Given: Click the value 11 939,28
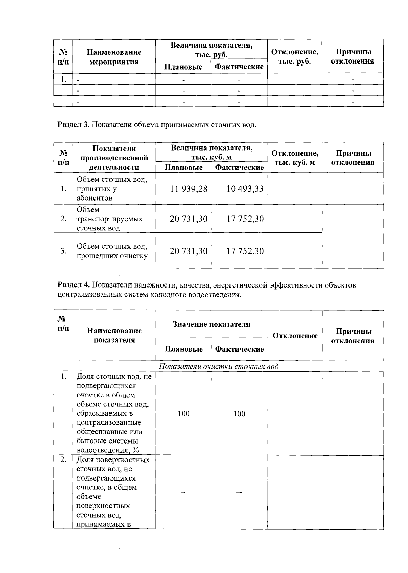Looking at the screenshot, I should pos(189,189).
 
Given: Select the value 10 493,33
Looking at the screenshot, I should pos(245,189).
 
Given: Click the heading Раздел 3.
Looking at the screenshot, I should pos(73,125).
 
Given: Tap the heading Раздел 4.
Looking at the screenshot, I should pos(73,285).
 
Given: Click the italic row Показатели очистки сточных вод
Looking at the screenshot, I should pos(219,367).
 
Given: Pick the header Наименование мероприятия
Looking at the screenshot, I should pos(114,57).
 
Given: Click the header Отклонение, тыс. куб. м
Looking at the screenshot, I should pos(295,158).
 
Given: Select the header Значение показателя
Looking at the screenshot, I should pos(211,324).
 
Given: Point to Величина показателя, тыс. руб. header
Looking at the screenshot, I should pos(211,50).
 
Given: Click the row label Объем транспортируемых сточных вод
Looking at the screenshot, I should pos(109,219).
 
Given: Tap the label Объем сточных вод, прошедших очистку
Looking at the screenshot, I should pos(112,251).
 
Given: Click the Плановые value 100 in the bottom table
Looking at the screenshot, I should pos(184,414).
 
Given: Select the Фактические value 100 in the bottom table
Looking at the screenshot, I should pos(239,414).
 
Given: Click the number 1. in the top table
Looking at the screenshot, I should pos(63,80).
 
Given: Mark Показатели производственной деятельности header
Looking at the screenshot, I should pos(114,158).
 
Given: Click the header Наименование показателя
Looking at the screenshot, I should pos(114,335).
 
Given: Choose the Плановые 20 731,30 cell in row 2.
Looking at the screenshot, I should pos(189,219).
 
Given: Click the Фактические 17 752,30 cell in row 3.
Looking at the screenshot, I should pos(245,251).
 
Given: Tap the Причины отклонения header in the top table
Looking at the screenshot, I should pos(353,56).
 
